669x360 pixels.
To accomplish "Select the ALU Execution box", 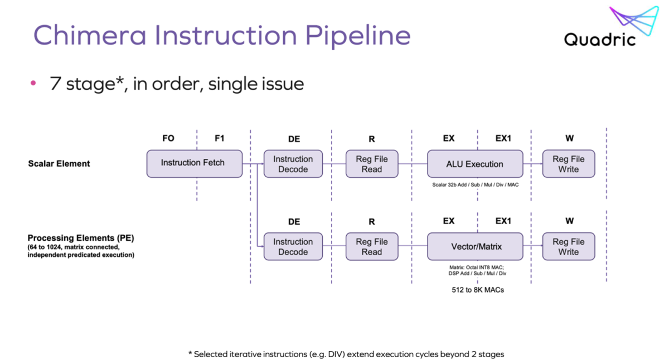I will click(475, 164).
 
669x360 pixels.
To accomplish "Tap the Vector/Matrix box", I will click(475, 246).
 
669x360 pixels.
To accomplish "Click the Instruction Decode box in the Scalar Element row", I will click(293, 164).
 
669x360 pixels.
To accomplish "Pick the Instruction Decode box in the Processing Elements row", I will click(293, 246).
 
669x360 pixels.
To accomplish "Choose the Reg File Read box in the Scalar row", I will click(372, 164).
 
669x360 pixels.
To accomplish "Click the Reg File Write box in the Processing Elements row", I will click(568, 246).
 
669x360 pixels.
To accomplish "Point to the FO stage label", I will click(168, 138).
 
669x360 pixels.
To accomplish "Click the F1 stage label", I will click(220, 138).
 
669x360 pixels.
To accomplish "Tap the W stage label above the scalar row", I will click(569, 138).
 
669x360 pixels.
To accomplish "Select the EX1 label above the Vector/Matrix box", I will click(503, 221).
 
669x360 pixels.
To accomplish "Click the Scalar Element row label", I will click(59, 164).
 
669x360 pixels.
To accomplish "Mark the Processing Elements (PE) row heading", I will click(81, 238).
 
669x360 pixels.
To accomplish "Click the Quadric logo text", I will click(599, 40).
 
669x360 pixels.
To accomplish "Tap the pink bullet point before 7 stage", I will click(33, 84).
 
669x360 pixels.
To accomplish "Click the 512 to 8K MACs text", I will click(478, 290).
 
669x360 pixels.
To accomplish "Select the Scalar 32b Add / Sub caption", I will click(475, 184).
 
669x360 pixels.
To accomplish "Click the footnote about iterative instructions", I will click(346, 354).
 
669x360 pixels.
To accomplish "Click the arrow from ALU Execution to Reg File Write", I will click(532, 164).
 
